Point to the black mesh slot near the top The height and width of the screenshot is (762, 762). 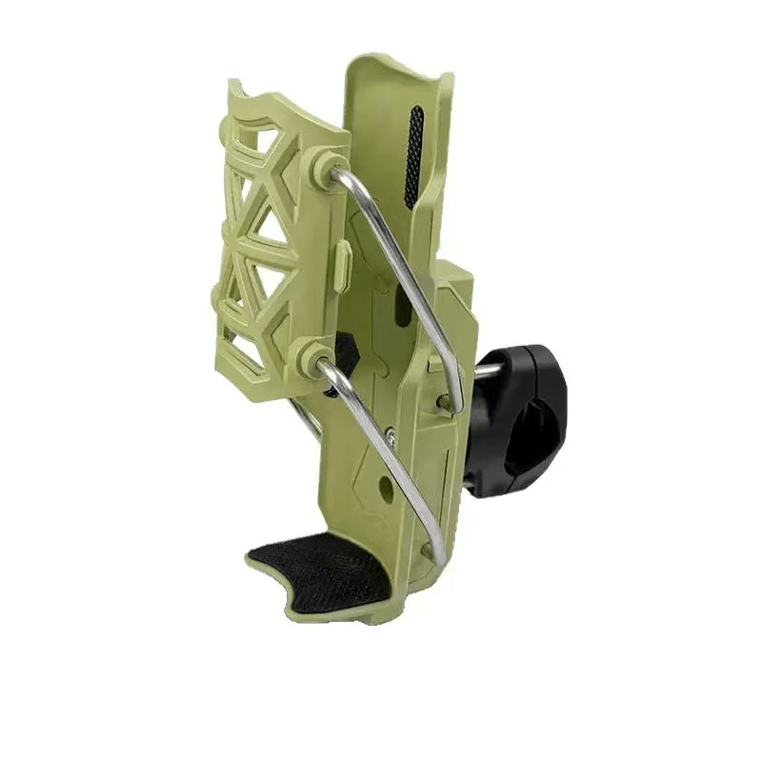pyautogui.click(x=413, y=157)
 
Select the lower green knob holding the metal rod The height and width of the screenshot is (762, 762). pyautogui.click(x=311, y=356)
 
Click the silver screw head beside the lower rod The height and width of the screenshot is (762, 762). pyautogui.click(x=391, y=436)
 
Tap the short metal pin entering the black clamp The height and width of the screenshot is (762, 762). pyautogui.click(x=486, y=371)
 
